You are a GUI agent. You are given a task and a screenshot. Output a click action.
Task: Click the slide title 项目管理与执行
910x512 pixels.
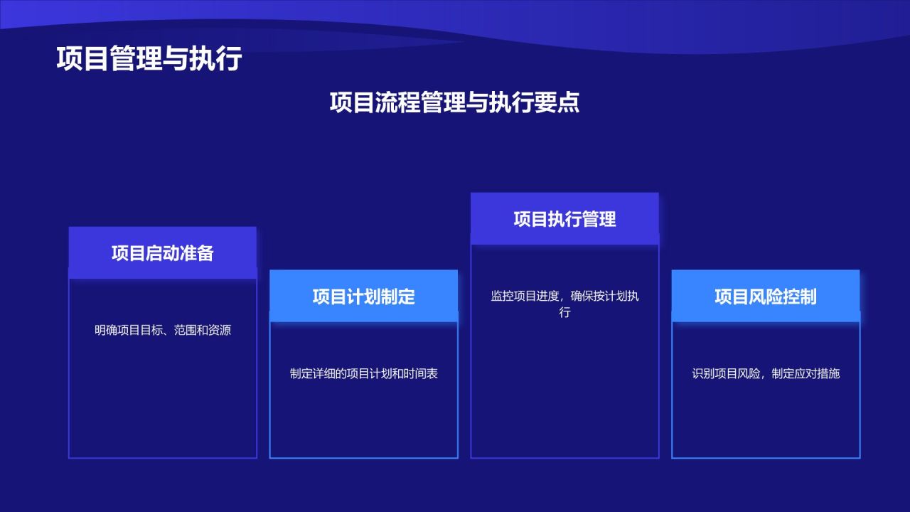[x=149, y=58]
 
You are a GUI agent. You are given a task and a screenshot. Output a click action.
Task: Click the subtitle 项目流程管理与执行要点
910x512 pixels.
[x=454, y=102]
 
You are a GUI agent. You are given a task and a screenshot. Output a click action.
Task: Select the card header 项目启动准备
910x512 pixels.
[x=163, y=253]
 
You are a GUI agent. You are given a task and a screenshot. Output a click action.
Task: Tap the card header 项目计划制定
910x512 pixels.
[x=363, y=297]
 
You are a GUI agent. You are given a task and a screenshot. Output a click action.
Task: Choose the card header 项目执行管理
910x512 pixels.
[x=564, y=219]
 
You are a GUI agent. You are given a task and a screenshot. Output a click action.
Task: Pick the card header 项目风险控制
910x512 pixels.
[x=766, y=297]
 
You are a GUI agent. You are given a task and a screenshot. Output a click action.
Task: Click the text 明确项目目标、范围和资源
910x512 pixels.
[x=163, y=330]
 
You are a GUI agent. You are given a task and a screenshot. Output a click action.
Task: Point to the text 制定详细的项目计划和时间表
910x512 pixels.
[x=363, y=373]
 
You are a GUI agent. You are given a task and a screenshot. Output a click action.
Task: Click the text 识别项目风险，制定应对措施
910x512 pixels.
[x=766, y=373]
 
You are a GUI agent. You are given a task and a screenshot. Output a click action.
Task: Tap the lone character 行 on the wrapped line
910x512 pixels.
[x=564, y=312]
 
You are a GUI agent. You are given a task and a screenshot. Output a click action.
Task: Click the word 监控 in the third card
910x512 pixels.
[x=502, y=296]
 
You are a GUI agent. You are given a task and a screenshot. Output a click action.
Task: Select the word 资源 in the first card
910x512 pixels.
[x=220, y=330]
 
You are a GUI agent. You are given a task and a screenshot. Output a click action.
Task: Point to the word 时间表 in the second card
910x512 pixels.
[x=421, y=373]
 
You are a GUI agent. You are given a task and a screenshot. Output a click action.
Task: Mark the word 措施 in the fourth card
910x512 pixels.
[x=829, y=373]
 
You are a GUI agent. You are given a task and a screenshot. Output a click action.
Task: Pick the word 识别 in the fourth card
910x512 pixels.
[x=703, y=373]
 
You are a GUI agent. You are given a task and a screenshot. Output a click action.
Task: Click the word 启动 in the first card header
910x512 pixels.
[x=163, y=253]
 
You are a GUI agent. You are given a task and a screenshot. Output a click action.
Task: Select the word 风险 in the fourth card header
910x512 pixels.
[x=766, y=297]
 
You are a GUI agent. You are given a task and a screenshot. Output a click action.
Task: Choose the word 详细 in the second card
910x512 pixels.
[x=323, y=373]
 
